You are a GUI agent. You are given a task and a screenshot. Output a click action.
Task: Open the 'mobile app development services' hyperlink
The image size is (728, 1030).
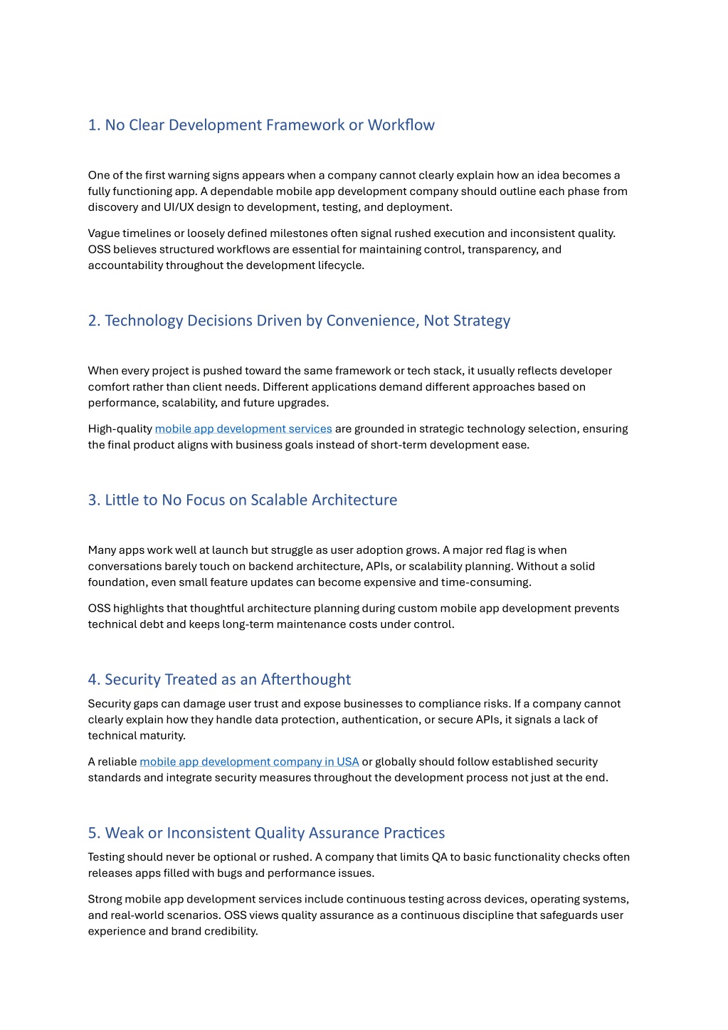click(x=243, y=429)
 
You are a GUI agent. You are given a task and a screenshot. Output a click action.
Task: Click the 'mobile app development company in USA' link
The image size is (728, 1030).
click(x=249, y=762)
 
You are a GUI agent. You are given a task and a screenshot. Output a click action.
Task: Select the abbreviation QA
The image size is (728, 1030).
click(x=439, y=857)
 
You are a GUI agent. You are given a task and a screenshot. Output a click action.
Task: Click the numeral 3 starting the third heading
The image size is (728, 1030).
click(x=93, y=500)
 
